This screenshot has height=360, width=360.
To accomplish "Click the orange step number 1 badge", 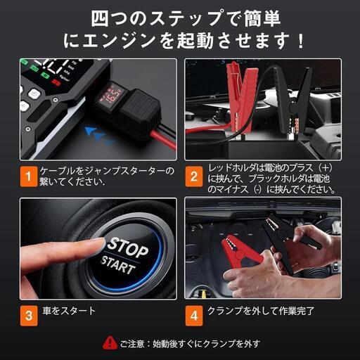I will pos(27,177).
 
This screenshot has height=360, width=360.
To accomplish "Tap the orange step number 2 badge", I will pos(193,177).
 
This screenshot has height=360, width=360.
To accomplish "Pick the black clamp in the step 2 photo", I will pos(295,105).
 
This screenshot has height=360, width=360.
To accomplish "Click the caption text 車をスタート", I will pos(67,311).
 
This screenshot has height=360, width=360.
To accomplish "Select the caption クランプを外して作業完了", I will pos(260,311).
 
